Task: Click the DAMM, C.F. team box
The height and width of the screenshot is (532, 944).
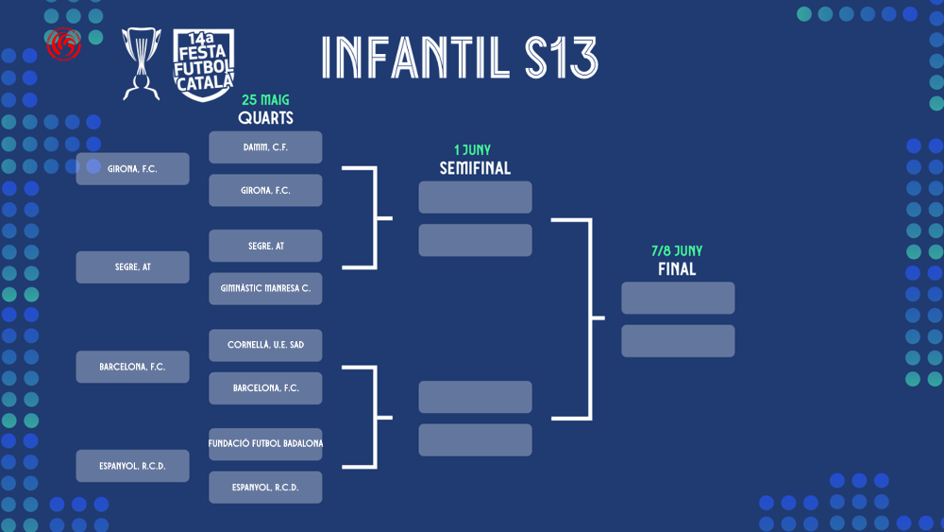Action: [265, 147]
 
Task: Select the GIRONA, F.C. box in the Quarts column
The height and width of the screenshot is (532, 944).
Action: [265, 190]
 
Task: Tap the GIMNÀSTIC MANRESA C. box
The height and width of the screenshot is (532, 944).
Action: [265, 288]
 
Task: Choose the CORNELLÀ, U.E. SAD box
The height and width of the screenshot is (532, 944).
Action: [265, 345]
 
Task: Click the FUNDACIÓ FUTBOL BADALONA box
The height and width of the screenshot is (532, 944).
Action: [265, 444]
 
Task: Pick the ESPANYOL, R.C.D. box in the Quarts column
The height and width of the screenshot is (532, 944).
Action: [265, 488]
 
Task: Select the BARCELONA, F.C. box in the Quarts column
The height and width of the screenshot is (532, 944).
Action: [265, 388]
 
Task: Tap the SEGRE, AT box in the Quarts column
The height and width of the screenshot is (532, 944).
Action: [265, 246]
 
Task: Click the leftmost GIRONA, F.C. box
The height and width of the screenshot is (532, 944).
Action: [132, 169]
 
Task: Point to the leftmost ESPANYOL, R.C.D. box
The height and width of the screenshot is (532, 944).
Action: [132, 466]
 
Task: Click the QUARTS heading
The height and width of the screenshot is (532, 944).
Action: [265, 118]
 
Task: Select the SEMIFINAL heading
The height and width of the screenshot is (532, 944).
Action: [475, 168]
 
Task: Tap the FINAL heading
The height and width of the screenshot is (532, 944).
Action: [677, 269]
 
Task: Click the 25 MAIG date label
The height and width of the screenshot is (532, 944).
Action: [265, 100]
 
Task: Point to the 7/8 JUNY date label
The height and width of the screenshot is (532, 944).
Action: [677, 251]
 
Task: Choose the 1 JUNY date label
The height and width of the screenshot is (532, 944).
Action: [473, 150]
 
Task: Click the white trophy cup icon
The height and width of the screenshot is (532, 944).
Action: [142, 63]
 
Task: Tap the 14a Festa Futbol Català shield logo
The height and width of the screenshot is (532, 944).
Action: [204, 65]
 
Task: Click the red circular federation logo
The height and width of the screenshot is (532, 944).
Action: [64, 44]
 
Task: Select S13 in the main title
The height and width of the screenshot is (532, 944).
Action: [561, 58]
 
